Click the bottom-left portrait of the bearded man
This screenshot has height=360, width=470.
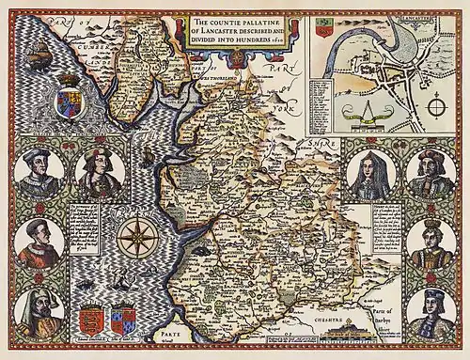[x=39, y=316]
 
